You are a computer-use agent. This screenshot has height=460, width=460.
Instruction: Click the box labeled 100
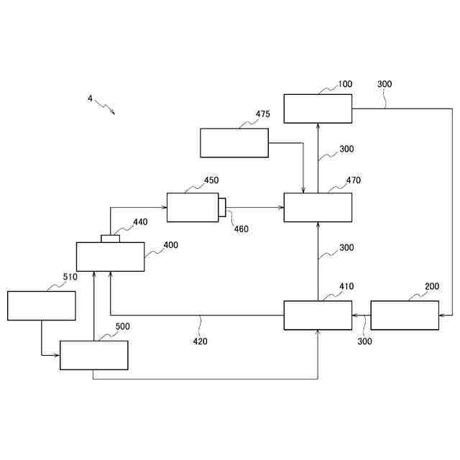click(318, 109)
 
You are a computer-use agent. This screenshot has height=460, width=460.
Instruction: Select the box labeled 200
click(405, 316)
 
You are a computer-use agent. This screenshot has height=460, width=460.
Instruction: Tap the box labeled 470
click(318, 207)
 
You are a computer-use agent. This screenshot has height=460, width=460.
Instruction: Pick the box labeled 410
click(318, 316)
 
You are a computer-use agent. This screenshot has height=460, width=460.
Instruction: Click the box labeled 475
click(234, 143)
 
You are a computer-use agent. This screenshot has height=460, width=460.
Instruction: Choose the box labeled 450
click(193, 207)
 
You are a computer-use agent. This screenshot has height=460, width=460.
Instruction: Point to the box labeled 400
click(111, 257)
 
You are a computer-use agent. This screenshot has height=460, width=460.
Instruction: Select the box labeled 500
click(94, 355)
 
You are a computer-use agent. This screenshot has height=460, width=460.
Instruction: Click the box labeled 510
click(42, 305)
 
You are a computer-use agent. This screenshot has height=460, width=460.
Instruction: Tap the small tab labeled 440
click(111, 239)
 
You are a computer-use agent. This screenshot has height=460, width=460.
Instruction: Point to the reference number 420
click(200, 341)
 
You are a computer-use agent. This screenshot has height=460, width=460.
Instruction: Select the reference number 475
click(263, 114)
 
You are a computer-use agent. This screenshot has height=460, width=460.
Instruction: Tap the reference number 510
click(70, 277)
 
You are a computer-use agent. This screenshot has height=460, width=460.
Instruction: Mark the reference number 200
click(432, 286)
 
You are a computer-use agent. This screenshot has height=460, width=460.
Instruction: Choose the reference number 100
click(345, 84)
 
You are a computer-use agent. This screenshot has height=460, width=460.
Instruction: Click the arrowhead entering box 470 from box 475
click(304, 190)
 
